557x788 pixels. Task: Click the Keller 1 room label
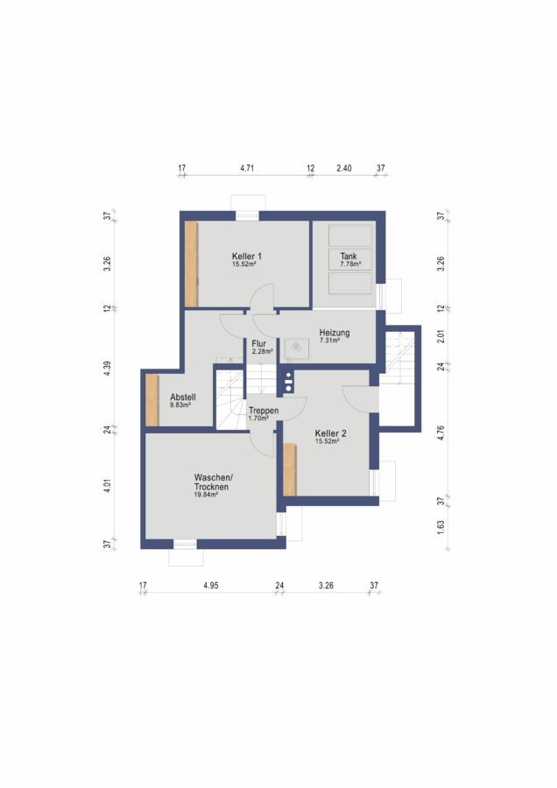click(x=246, y=256)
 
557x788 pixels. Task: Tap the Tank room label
click(x=349, y=256)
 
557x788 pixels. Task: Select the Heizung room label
click(x=335, y=332)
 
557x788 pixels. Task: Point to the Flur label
click(x=259, y=344)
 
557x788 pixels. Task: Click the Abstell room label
click(x=183, y=397)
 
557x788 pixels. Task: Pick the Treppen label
click(x=264, y=412)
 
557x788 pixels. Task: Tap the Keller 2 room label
click(x=330, y=433)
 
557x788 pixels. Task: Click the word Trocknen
click(x=211, y=487)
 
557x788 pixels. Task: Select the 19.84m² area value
click(x=206, y=495)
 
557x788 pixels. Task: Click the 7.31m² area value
click(x=330, y=341)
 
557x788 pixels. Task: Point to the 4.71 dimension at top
click(x=247, y=168)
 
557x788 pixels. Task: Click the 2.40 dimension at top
click(x=344, y=168)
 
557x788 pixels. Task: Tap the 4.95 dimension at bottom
click(x=211, y=586)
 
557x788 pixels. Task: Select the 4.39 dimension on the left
click(x=107, y=368)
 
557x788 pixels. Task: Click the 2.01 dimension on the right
click(x=441, y=336)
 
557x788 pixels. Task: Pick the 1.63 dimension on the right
click(x=441, y=527)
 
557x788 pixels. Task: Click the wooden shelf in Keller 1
click(x=191, y=264)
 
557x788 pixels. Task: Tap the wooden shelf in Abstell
click(x=152, y=400)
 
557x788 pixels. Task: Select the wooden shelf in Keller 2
click(x=289, y=469)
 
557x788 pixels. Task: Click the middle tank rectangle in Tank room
click(x=350, y=259)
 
